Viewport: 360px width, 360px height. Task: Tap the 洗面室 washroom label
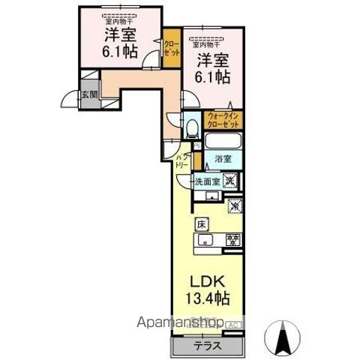click(x=207, y=181)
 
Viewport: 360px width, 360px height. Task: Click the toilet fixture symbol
click(x=191, y=128)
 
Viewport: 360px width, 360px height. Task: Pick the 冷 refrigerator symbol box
click(x=234, y=205)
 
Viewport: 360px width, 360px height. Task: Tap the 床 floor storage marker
click(x=202, y=223)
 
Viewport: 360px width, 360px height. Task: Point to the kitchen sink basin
click(x=206, y=241)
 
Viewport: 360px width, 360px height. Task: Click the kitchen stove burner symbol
click(x=233, y=241)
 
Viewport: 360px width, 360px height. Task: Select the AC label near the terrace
click(x=232, y=324)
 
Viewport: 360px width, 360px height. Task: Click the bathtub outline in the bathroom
click(x=223, y=142)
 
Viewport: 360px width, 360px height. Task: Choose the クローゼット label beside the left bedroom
click(x=172, y=49)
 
